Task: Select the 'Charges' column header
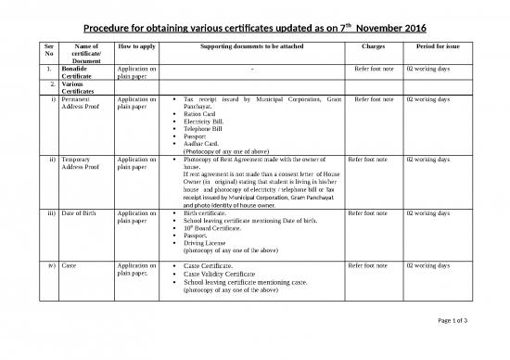371,45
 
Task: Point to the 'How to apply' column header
136,45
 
